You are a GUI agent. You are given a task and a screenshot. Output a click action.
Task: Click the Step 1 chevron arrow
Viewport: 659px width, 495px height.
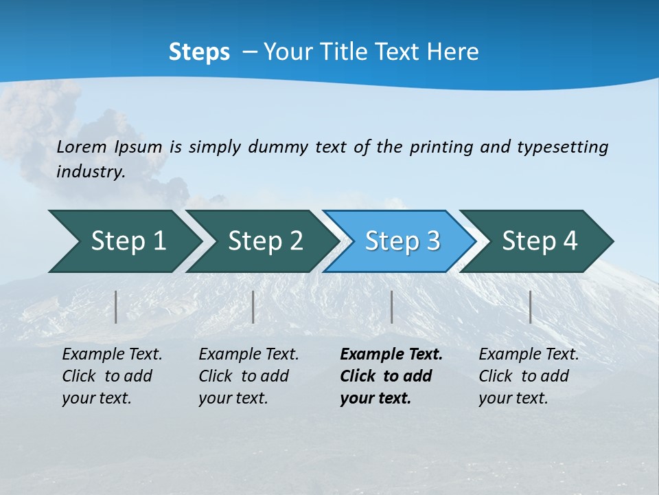[x=128, y=241]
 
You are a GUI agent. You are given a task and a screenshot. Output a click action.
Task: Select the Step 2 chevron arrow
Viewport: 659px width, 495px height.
[x=265, y=241]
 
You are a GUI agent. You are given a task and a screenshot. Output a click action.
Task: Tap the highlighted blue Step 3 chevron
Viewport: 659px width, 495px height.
[x=402, y=241]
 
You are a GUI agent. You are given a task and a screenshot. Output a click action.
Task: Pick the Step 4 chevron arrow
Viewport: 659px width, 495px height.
[x=540, y=241]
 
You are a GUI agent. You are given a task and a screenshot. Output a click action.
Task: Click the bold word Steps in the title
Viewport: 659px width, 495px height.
[x=199, y=52]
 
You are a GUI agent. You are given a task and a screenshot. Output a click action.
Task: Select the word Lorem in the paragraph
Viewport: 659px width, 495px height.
[x=82, y=146]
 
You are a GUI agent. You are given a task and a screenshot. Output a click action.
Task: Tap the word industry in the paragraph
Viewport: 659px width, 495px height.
[x=91, y=171]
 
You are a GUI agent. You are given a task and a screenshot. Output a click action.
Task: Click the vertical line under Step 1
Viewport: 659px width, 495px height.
[x=116, y=307]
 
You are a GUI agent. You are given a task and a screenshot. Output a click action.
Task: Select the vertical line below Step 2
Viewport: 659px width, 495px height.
[x=253, y=307]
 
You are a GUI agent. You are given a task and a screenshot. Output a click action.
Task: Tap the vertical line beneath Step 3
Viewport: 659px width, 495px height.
[x=391, y=307]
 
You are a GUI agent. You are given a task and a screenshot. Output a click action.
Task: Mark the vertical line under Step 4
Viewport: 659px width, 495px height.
[x=530, y=307]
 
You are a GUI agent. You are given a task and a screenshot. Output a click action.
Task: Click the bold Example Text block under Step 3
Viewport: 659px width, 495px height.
[x=391, y=376]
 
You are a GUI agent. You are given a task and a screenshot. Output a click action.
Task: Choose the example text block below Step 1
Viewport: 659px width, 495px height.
[x=112, y=376]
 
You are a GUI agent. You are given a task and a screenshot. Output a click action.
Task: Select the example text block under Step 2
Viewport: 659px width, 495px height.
[x=248, y=376]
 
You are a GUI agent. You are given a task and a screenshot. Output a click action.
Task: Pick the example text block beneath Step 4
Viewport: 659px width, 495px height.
[x=529, y=376]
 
